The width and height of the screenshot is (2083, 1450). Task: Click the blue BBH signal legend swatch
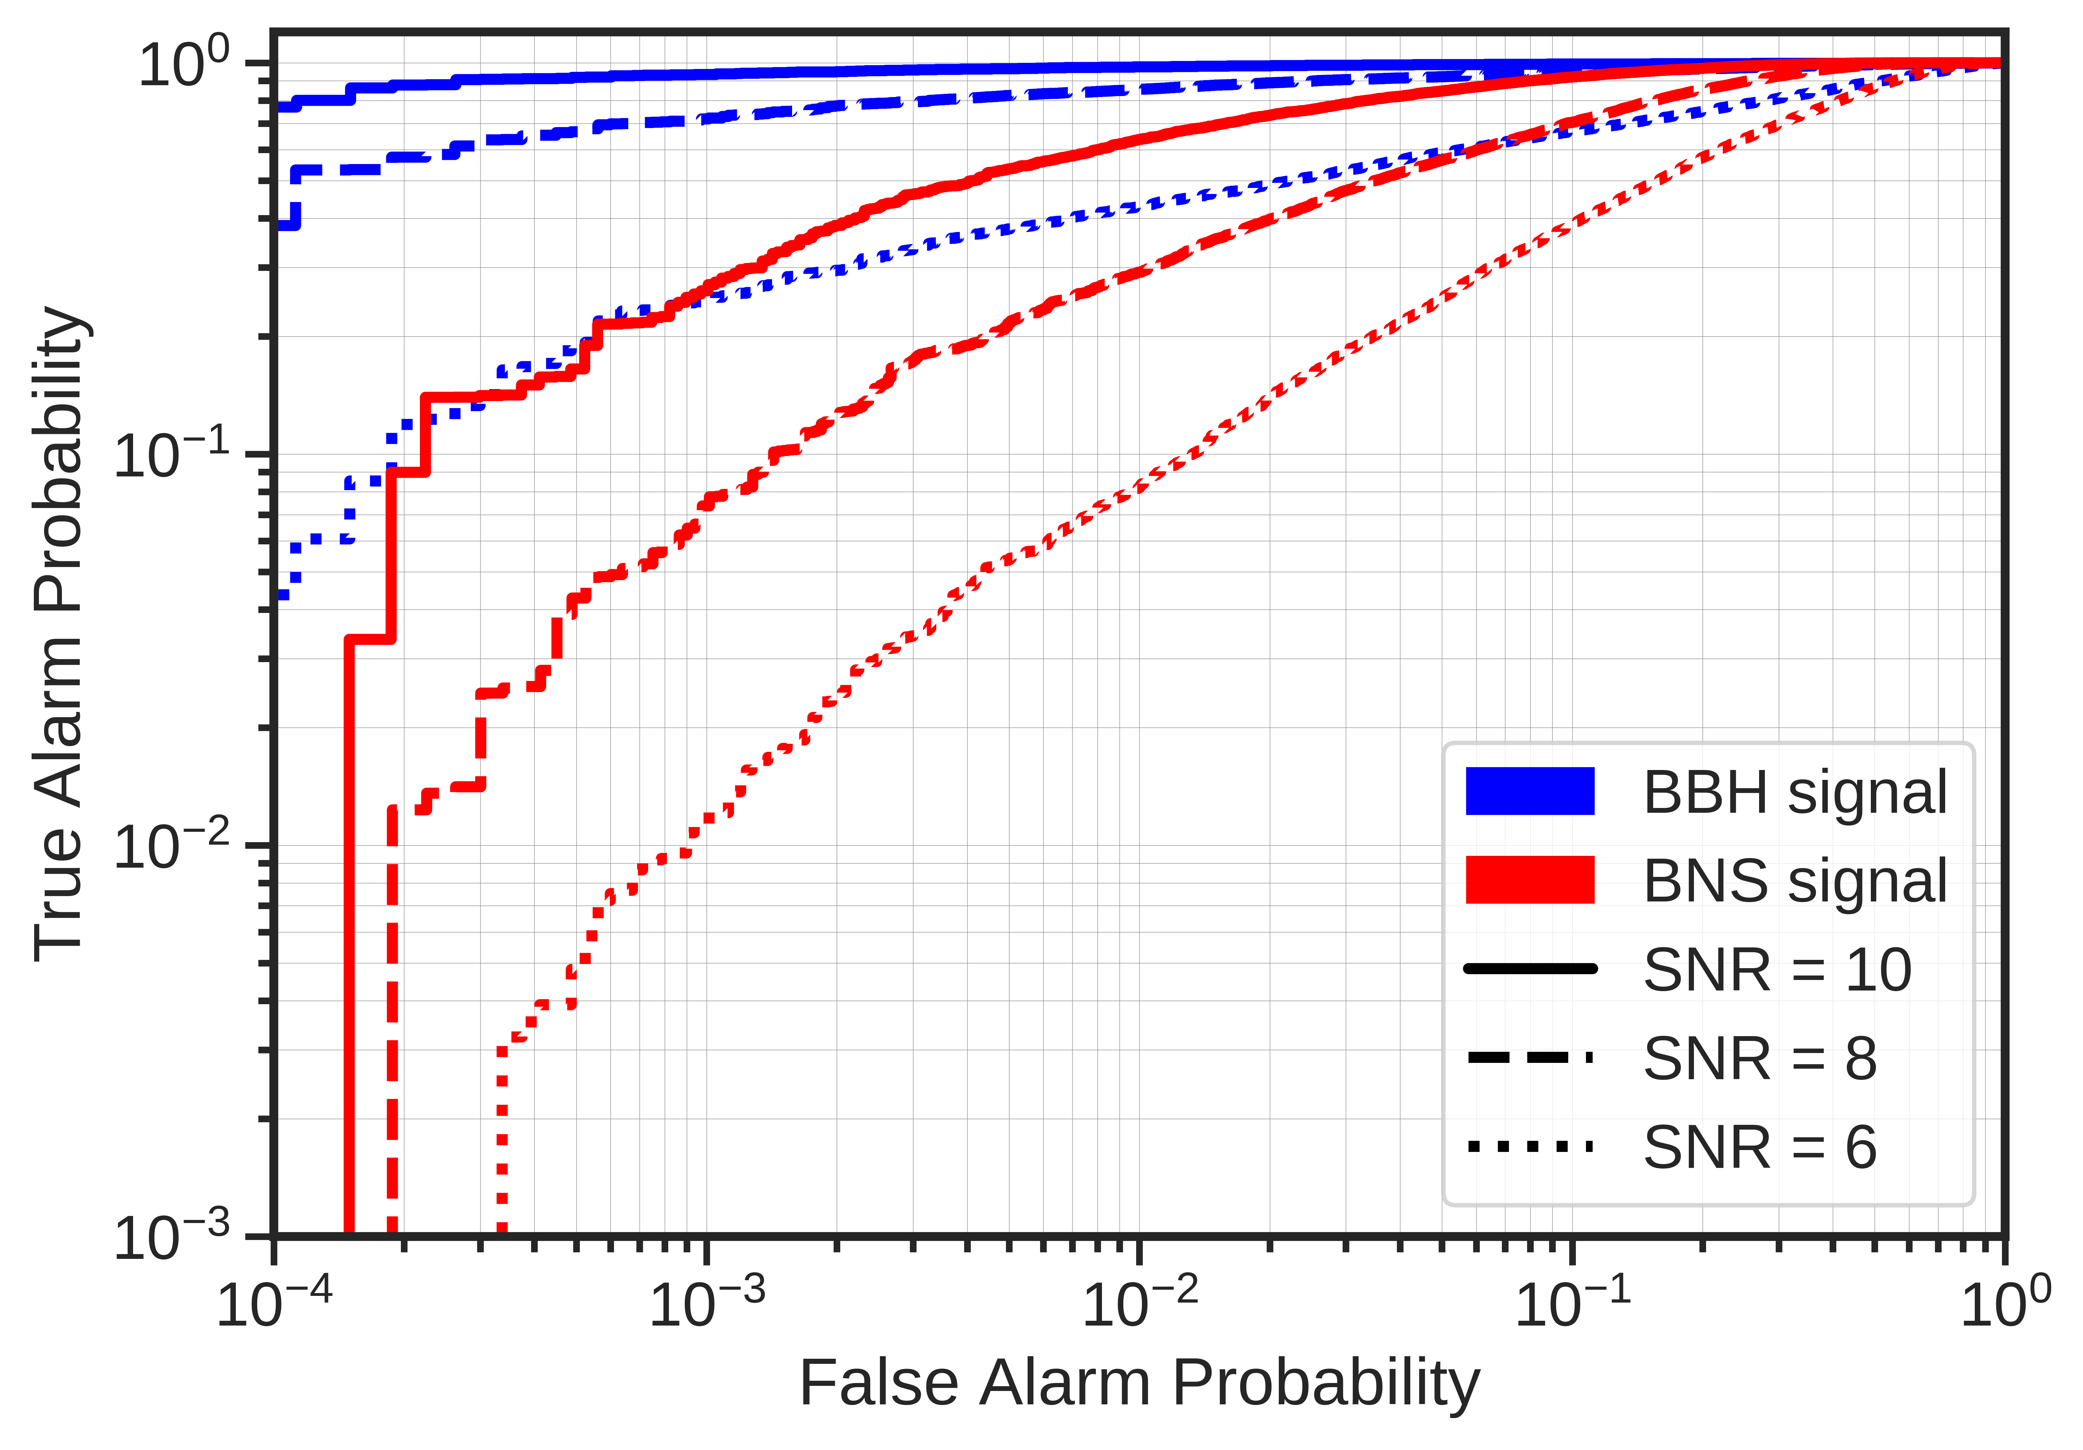coord(1530,791)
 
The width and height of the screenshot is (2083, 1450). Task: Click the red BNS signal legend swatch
coord(1530,879)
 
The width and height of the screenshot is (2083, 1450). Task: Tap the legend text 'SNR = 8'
coord(1760,1058)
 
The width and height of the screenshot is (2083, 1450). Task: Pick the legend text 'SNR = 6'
coord(1760,1147)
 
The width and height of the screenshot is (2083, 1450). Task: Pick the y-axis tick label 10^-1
coord(172,454)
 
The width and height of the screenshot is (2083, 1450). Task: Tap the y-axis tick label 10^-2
coord(172,846)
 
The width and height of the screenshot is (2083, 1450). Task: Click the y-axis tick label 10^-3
coord(172,1236)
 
